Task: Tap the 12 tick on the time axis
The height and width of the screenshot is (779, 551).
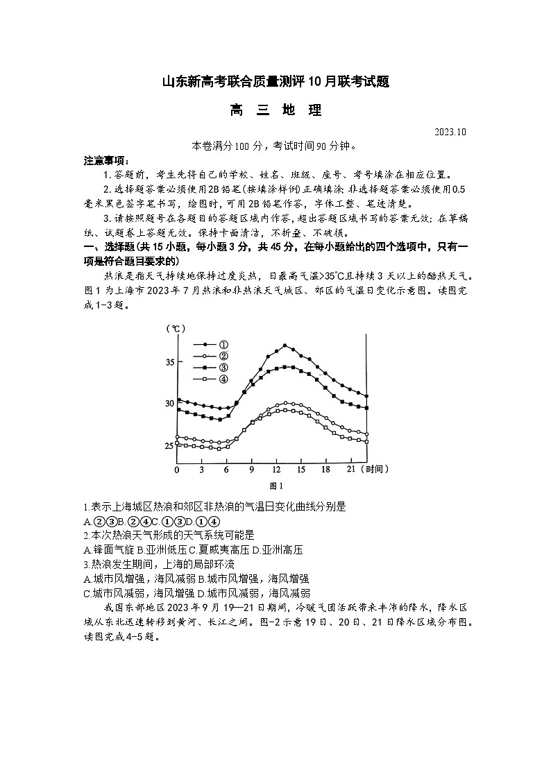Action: pyautogui.click(x=277, y=470)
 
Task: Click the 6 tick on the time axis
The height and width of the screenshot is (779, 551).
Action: pyautogui.click(x=226, y=470)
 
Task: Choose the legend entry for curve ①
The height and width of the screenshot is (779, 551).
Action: pyautogui.click(x=207, y=344)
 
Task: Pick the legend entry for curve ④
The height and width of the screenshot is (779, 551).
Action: pyautogui.click(x=207, y=379)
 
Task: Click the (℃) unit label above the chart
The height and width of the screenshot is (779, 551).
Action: pyautogui.click(x=175, y=329)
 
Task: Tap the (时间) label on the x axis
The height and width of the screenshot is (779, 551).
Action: pyautogui.click(x=375, y=470)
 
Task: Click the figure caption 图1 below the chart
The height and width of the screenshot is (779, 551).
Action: pyautogui.click(x=275, y=486)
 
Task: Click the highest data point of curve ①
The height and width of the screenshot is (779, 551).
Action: pyautogui.click(x=285, y=345)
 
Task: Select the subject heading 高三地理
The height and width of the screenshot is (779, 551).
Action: pyautogui.click(x=275, y=110)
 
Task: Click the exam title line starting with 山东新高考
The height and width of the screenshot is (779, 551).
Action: pyautogui.click(x=275, y=82)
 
